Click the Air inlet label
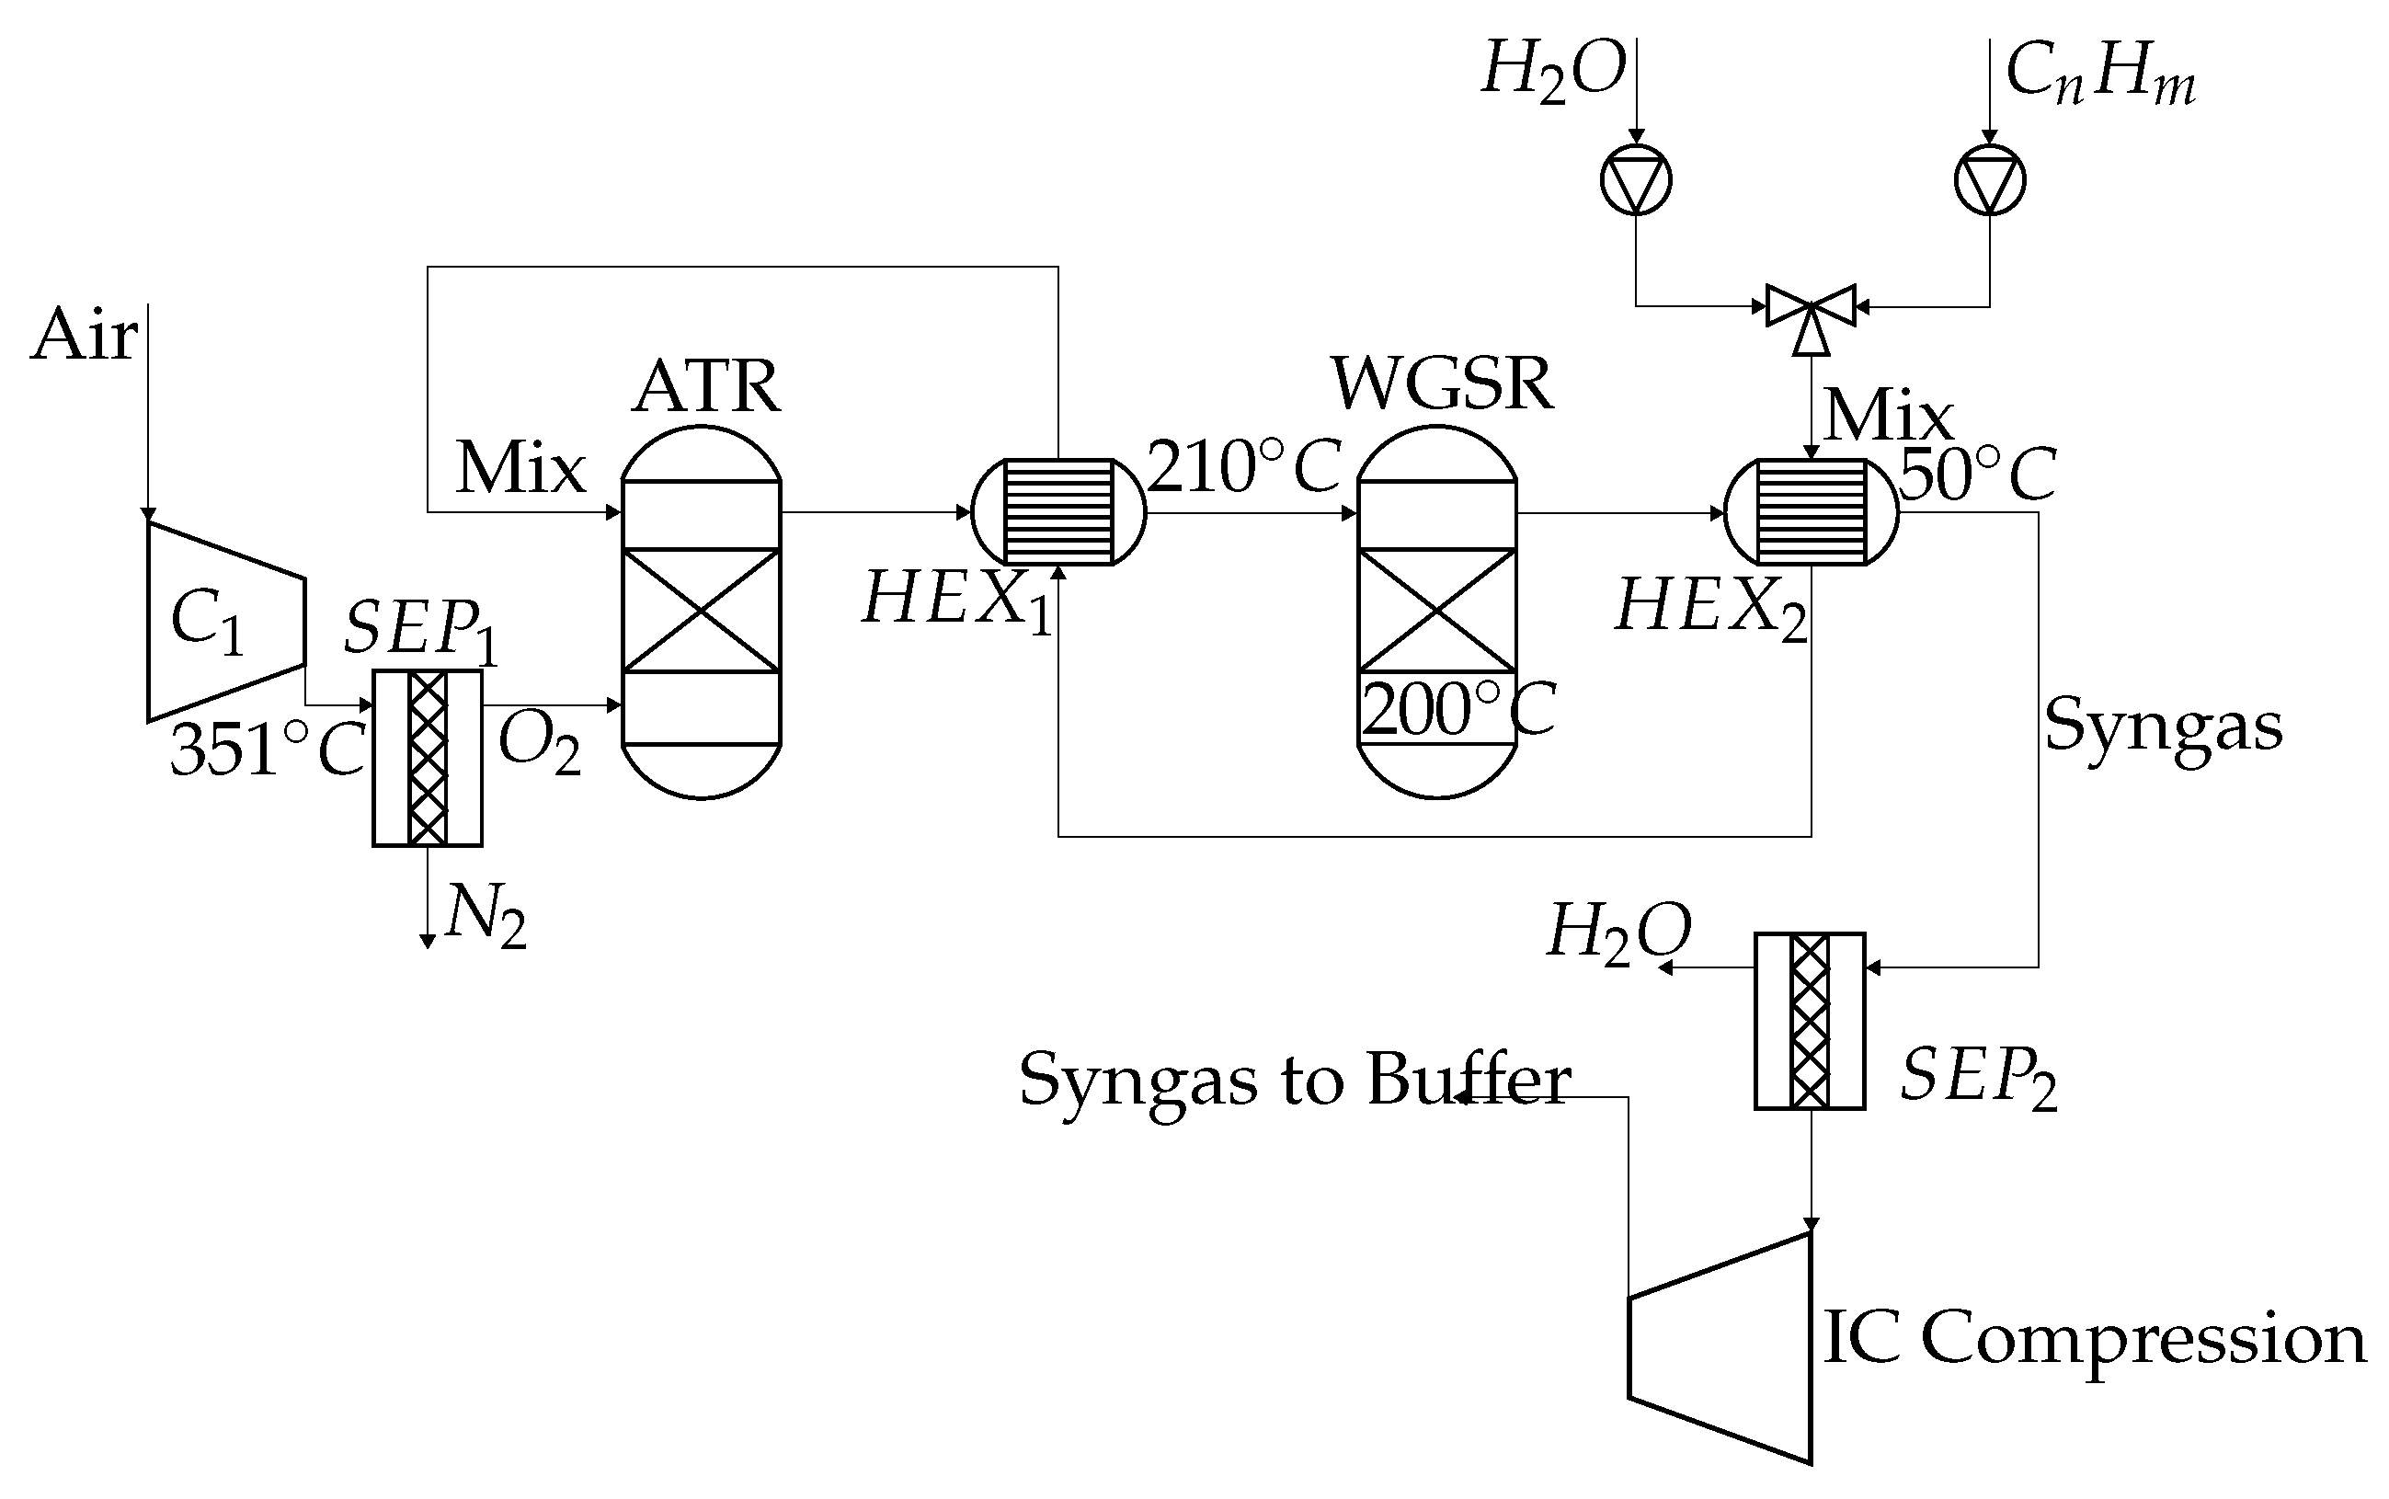click(84, 335)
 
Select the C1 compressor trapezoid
click(224, 622)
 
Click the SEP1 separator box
click(428, 759)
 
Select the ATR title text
click(706, 385)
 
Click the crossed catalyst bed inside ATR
click(701, 611)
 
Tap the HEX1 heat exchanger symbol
click(1057, 511)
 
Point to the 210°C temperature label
click(1244, 467)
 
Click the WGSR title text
click(1441, 383)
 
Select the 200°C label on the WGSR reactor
click(1457, 710)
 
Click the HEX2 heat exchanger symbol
click(1812, 511)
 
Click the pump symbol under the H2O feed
click(1636, 180)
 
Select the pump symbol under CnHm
click(1990, 180)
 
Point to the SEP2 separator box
click(1809, 1021)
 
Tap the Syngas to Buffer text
click(1294, 1081)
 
